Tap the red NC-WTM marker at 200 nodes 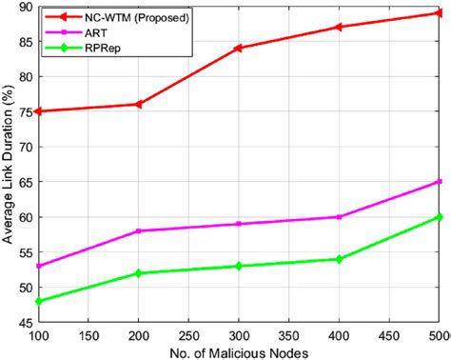coord(138,104)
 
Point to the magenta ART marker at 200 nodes coord(138,230)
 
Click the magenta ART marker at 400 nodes coord(339,217)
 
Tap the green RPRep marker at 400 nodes coord(339,259)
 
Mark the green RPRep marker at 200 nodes coord(138,273)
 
